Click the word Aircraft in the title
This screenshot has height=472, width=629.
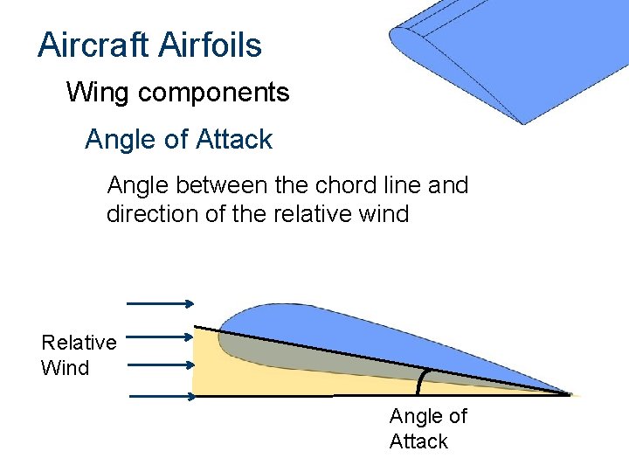[90, 45]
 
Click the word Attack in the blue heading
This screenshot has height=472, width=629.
[234, 139]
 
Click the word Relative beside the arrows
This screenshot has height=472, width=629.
[79, 342]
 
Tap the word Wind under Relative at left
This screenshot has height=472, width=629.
[65, 367]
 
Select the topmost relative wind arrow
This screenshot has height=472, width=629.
[161, 303]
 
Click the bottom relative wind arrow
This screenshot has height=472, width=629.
[162, 396]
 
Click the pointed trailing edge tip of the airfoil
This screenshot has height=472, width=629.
[570, 394]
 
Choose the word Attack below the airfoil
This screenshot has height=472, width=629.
[418, 441]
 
